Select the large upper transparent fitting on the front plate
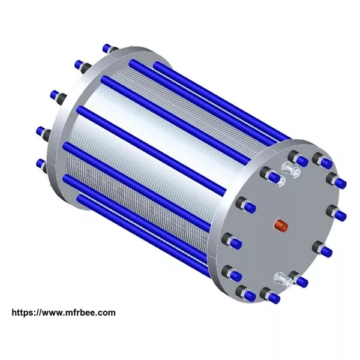[x=292, y=170]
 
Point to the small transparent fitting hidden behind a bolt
[x=282, y=182]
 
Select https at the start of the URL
[x=22, y=313]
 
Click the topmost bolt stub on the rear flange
[x=110, y=49]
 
